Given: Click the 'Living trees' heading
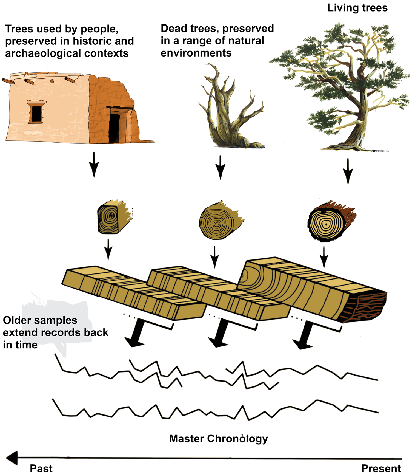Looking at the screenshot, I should [357, 8].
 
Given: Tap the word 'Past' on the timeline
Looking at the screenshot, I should [41, 468].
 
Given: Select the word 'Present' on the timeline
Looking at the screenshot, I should [381, 468].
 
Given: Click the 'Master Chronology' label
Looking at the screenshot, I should [218, 438].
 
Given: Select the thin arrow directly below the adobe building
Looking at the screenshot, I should [94, 165].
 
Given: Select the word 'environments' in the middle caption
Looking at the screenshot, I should [196, 53].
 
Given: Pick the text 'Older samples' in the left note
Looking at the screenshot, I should [40, 320].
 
